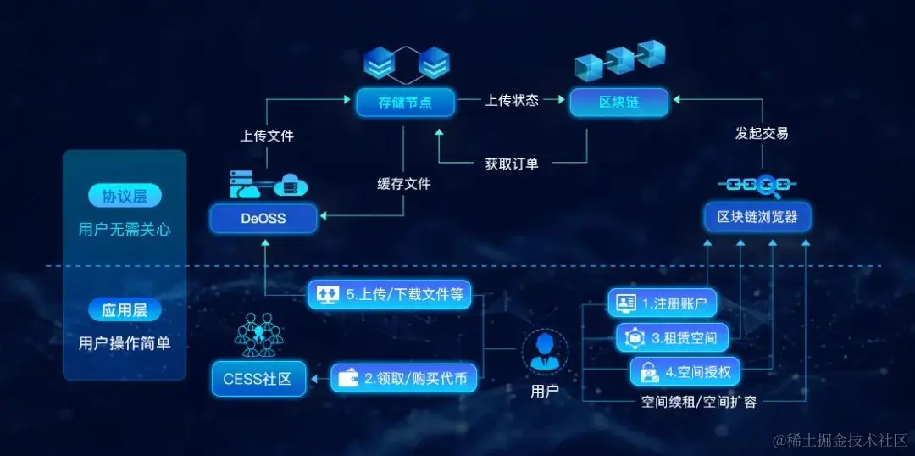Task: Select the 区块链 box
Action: tap(618, 102)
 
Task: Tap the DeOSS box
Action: tap(263, 218)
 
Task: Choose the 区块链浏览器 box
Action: tap(757, 217)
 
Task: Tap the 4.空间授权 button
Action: tap(685, 370)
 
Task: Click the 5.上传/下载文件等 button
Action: tap(390, 295)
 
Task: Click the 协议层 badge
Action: tap(125, 197)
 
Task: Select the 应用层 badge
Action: tap(125, 310)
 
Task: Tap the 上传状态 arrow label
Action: tap(512, 100)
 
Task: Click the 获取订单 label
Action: tap(512, 164)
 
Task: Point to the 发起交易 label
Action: tap(761, 133)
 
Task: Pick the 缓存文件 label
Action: tap(404, 183)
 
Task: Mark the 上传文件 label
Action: tap(267, 136)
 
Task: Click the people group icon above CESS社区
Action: tap(258, 335)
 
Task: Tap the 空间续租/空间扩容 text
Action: tap(699, 402)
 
